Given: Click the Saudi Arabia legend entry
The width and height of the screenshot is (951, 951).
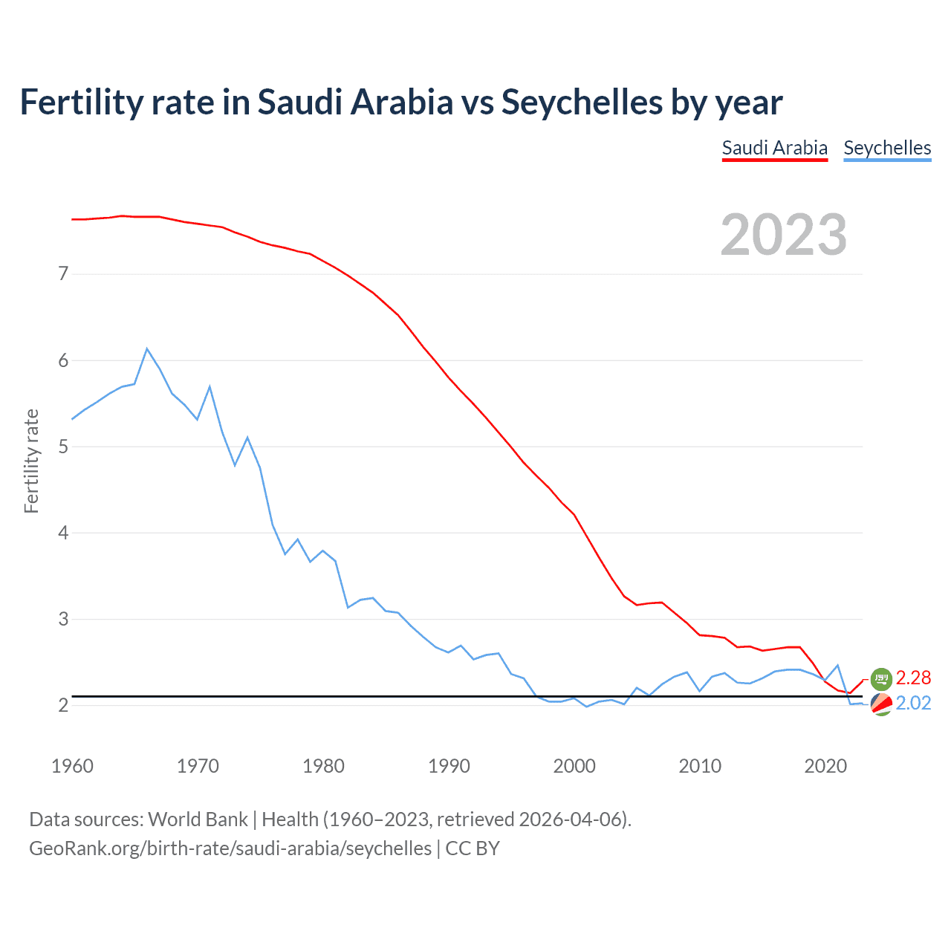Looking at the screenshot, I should click(774, 148).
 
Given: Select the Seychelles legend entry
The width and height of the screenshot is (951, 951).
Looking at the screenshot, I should click(887, 148).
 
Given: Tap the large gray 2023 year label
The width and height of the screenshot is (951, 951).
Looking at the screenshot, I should click(784, 235).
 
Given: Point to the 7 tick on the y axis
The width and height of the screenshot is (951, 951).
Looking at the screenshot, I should click(63, 274).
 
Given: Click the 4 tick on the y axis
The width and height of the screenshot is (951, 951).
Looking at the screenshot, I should click(63, 533).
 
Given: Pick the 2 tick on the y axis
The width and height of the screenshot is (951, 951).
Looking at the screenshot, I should click(63, 705).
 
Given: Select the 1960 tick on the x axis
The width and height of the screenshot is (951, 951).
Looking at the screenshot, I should click(72, 766).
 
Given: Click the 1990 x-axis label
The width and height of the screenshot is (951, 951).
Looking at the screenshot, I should click(449, 766).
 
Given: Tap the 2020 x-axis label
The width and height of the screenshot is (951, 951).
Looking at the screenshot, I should click(825, 766).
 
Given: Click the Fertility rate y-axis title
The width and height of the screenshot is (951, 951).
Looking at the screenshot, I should click(31, 461).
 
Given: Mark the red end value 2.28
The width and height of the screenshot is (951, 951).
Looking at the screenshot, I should click(913, 678).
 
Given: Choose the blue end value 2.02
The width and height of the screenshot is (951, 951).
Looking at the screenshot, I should click(913, 703).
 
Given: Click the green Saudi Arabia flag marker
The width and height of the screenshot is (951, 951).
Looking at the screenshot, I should click(881, 678).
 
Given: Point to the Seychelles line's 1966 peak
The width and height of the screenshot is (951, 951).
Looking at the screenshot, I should click(147, 348).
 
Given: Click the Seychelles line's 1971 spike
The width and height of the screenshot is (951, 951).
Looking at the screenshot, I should click(210, 386).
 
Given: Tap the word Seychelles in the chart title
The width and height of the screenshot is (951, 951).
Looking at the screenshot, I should click(581, 103).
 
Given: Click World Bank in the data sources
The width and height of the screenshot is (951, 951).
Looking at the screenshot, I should click(198, 819).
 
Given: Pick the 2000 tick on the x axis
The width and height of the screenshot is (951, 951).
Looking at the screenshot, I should click(574, 766).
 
